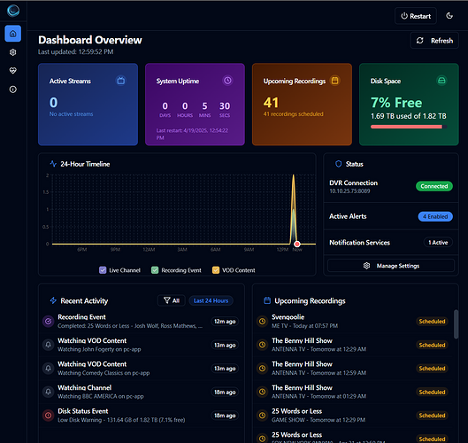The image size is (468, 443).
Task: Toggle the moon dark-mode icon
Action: pos(449,16)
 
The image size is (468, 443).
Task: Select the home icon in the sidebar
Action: pos(12,34)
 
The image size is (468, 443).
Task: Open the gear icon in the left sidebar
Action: pos(12,52)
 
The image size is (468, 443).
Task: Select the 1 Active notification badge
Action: pos(437,242)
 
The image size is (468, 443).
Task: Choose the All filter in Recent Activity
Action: pos(170,300)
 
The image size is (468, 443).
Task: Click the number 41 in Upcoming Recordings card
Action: pos(272,103)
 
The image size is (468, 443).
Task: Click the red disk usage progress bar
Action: pos(406,127)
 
